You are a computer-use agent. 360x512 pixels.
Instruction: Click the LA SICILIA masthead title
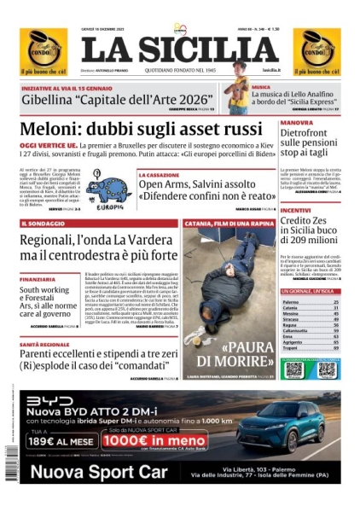tap(180, 50)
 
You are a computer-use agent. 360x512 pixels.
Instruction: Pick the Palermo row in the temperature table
tap(291, 302)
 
